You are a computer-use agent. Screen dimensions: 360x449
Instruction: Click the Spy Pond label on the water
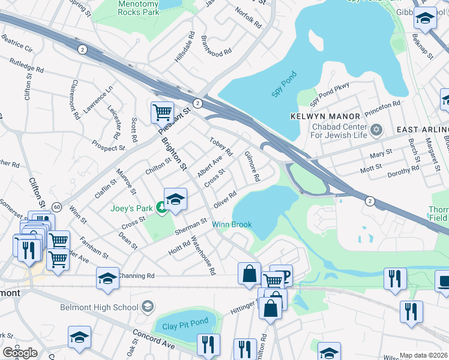pyautogui.click(x=285, y=91)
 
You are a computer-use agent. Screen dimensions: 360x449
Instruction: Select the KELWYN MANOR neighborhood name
pyautogui.click(x=325, y=116)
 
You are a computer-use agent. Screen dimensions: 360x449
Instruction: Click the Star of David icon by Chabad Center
pyautogui.click(x=377, y=130)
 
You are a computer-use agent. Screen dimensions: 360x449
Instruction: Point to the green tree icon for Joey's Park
pyautogui.click(x=161, y=208)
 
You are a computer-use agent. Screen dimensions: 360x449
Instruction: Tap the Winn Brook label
pyautogui.click(x=232, y=224)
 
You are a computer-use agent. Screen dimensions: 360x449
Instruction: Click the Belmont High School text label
pyautogui.click(x=99, y=308)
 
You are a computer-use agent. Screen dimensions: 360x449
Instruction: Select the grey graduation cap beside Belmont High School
pyautogui.click(x=146, y=307)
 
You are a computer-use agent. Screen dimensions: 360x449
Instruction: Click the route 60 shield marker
pyautogui.click(x=56, y=206)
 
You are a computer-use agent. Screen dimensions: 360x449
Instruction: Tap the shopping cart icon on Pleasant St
pyautogui.click(x=162, y=111)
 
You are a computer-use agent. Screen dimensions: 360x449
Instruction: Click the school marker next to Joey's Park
pyautogui.click(x=175, y=200)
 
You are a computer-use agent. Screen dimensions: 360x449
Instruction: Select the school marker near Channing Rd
pyautogui.click(x=107, y=278)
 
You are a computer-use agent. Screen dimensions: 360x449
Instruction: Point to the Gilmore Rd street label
pyautogui.click(x=252, y=166)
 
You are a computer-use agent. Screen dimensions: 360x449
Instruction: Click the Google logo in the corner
pyautogui.click(x=20, y=352)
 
